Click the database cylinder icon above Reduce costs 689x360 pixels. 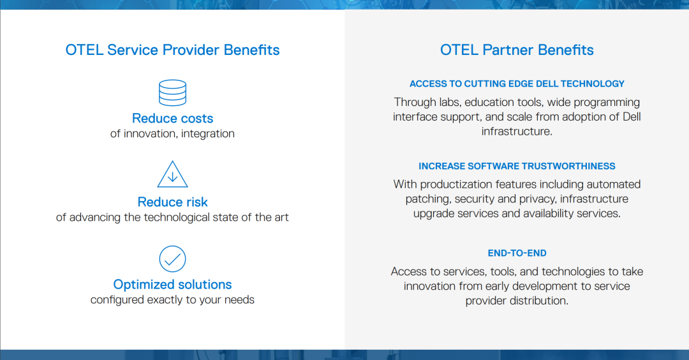(172, 93)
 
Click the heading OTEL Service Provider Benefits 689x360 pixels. (172, 50)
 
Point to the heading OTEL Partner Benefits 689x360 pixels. (517, 50)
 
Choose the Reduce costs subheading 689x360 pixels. (172, 118)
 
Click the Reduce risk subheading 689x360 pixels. (172, 202)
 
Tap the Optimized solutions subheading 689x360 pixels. (172, 285)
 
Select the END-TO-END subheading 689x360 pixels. (517, 253)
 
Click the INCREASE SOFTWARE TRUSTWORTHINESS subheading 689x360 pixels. (517, 166)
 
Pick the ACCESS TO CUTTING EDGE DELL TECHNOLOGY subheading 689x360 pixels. (517, 84)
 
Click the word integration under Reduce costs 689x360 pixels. (208, 133)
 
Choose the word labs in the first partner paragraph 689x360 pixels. (450, 102)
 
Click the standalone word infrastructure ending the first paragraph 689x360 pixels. (517, 131)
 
